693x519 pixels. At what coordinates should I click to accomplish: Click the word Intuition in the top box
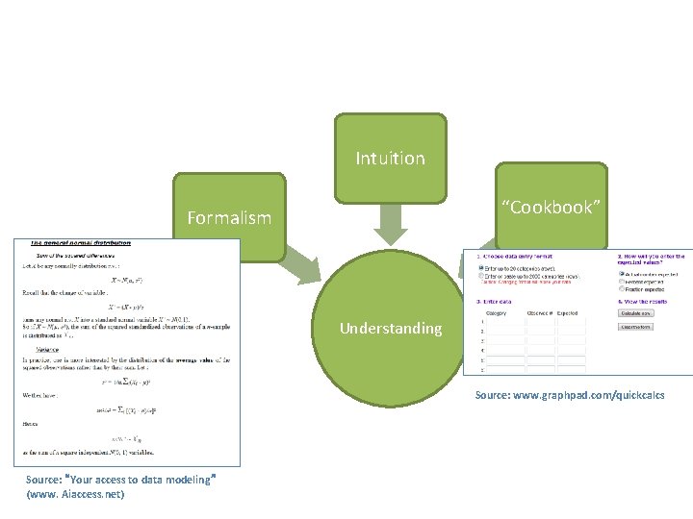[x=390, y=158]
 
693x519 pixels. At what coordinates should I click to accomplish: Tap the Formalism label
[x=229, y=218]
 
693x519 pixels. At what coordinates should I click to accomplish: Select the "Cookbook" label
[x=551, y=208]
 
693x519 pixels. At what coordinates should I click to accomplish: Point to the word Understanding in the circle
[x=391, y=329]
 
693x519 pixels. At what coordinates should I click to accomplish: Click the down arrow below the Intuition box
[x=391, y=225]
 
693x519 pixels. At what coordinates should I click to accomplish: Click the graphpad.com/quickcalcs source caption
[x=569, y=395]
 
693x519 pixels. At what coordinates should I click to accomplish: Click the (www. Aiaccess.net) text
[x=76, y=494]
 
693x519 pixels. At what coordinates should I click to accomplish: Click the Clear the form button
[x=636, y=327]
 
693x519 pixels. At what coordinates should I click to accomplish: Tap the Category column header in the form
[x=497, y=312]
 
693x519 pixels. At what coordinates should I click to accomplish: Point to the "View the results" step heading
[x=653, y=300]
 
